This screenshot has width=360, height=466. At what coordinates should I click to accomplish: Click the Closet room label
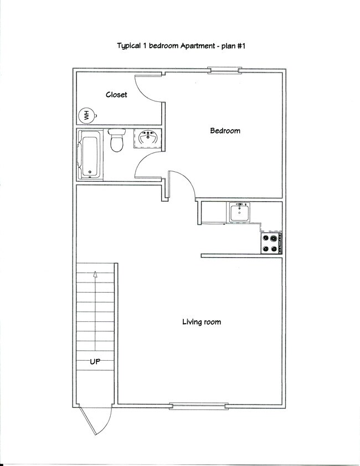pyautogui.click(x=116, y=95)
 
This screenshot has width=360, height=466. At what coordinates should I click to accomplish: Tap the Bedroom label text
pyautogui.click(x=225, y=131)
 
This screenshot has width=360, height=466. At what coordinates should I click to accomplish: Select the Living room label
pyautogui.click(x=202, y=322)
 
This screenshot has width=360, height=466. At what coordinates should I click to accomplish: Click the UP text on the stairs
pyautogui.click(x=95, y=362)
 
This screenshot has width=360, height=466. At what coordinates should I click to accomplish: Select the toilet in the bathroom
pyautogui.click(x=116, y=141)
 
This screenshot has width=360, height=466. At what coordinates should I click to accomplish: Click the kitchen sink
pyautogui.click(x=240, y=212)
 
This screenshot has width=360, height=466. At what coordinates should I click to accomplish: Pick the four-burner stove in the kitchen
pyautogui.click(x=271, y=243)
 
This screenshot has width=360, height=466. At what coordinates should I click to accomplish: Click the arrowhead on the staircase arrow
pyautogui.click(x=95, y=273)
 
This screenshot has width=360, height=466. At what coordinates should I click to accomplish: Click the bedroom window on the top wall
pyautogui.click(x=224, y=70)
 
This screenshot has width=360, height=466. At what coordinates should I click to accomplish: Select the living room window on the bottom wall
pyautogui.click(x=198, y=406)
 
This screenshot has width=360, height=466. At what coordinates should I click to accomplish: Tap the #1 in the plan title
pyautogui.click(x=240, y=47)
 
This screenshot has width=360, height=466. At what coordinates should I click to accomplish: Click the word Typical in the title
pyautogui.click(x=128, y=47)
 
